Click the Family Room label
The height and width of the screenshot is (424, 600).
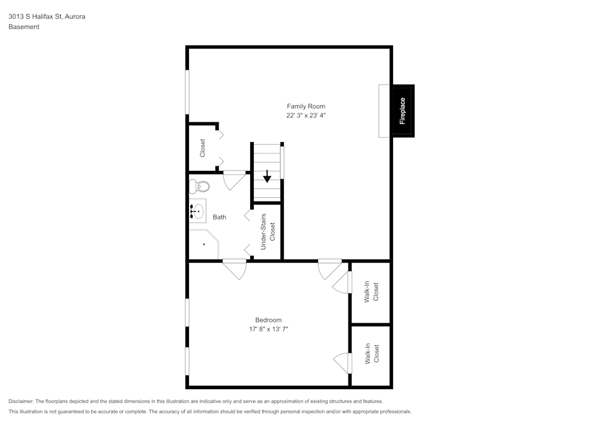pyautogui.click(x=306, y=106)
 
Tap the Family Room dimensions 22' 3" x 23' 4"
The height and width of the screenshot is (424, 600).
pyautogui.click(x=306, y=115)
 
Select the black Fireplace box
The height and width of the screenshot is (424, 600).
pyautogui.click(x=403, y=111)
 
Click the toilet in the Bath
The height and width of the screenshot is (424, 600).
pyautogui.click(x=200, y=187)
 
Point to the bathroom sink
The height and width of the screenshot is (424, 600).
pyautogui.click(x=197, y=211)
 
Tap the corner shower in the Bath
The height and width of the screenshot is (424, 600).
pyautogui.click(x=203, y=244)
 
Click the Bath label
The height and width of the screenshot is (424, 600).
pyautogui.click(x=219, y=217)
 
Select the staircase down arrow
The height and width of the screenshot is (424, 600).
pyautogui.click(x=267, y=176)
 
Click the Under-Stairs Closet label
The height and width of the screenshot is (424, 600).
pyautogui.click(x=268, y=231)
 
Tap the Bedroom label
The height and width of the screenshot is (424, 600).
pyautogui.click(x=268, y=320)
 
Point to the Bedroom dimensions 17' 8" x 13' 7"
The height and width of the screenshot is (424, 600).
pyautogui.click(x=268, y=329)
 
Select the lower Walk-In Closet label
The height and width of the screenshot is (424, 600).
pyautogui.click(x=371, y=353)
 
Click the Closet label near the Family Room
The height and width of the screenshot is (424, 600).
pyautogui.click(x=202, y=148)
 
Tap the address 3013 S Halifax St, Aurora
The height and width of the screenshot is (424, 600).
pyautogui.click(x=47, y=16)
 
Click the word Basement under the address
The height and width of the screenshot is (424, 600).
pyautogui.click(x=24, y=27)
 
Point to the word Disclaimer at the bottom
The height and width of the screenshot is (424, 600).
pyautogui.click(x=20, y=401)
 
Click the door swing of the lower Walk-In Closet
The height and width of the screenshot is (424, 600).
pyautogui.click(x=343, y=363)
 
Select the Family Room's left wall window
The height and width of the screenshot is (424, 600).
pyautogui.click(x=187, y=92)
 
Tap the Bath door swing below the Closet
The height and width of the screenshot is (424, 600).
pyautogui.click(x=234, y=181)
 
